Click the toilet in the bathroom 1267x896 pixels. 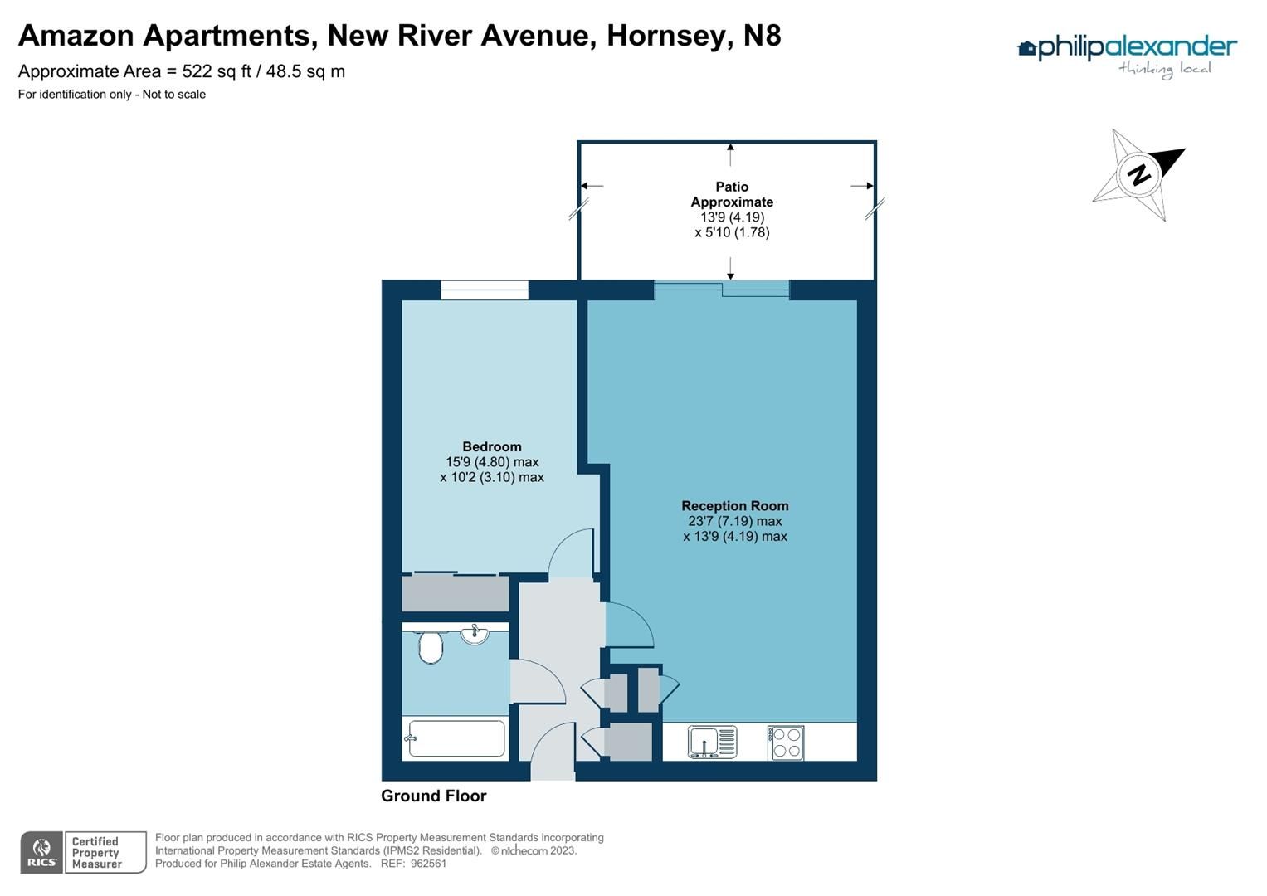point(430,646)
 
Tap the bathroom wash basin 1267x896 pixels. point(475,635)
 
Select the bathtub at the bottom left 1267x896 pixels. point(456,738)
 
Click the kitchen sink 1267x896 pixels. point(712,742)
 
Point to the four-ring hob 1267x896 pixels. point(785,743)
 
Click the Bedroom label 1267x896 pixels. point(492,447)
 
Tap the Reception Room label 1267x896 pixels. point(735,506)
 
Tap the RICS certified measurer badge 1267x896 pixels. point(83,853)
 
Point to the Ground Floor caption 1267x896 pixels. point(433,796)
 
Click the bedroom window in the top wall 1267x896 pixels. point(485,290)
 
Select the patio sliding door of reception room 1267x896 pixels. point(722,289)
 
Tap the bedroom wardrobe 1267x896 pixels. point(455,594)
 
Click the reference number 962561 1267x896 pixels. point(428,864)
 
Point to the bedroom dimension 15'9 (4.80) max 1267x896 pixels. point(492,462)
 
